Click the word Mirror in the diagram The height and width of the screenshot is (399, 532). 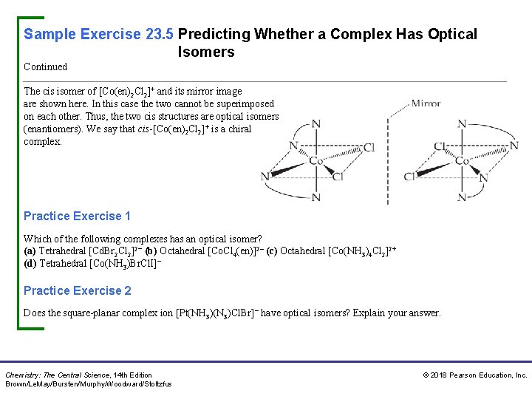tap(426, 103)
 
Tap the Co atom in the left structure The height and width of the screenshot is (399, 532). tap(316, 160)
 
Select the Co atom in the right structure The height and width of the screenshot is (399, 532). tap(463, 160)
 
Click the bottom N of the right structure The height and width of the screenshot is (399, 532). tap(463, 197)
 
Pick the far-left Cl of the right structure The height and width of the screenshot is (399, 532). tap(409, 177)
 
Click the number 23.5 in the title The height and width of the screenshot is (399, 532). tap(159, 34)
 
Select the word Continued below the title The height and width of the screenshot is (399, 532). tap(45, 66)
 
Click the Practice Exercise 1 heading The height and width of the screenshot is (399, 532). tap(77, 216)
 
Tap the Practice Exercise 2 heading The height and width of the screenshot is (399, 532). tap(77, 290)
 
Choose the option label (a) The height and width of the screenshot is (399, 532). tap(30, 250)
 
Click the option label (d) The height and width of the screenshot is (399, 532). tap(30, 263)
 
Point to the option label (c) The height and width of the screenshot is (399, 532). tap(272, 250)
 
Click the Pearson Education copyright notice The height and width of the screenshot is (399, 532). tap(474, 375)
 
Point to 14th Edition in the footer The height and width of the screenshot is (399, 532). tap(133, 375)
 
